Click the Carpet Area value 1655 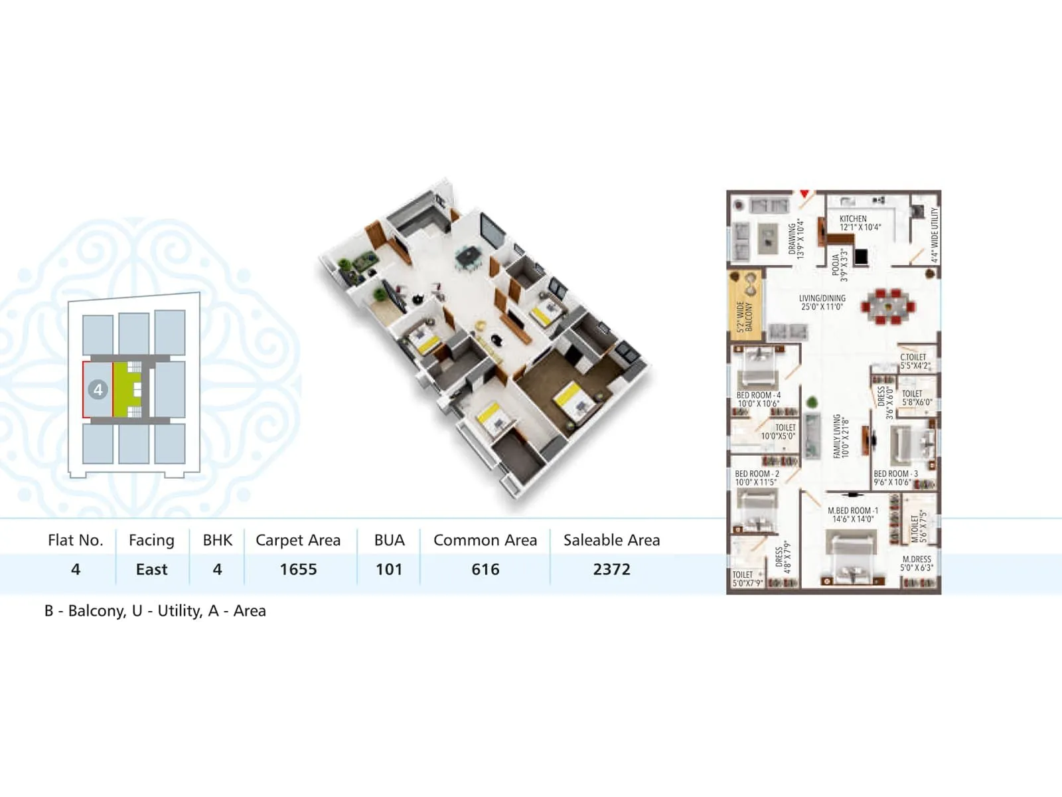[x=298, y=569]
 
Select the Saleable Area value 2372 [x=611, y=569]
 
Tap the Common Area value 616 [x=485, y=569]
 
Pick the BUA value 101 [x=389, y=569]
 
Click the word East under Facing [x=151, y=569]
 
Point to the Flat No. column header [x=76, y=540]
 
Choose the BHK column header [x=218, y=540]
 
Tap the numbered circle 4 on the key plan [x=98, y=390]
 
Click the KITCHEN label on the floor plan [x=853, y=219]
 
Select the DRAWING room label [x=793, y=239]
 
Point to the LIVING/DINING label [x=822, y=298]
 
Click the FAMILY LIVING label [x=837, y=436]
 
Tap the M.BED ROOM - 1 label [x=853, y=511]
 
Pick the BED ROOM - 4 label [x=758, y=395]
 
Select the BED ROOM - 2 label [x=757, y=474]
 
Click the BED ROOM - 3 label [x=895, y=474]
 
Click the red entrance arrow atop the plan [x=804, y=194]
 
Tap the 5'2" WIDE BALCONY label [x=744, y=316]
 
